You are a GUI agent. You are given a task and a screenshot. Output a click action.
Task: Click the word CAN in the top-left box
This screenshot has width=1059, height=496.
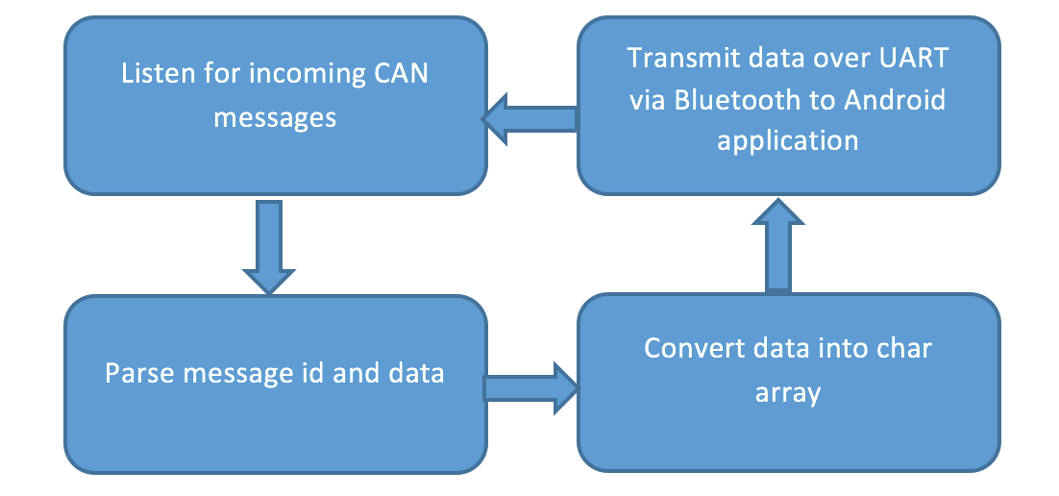(401, 73)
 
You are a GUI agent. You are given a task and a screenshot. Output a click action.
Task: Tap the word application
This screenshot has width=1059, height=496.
(787, 141)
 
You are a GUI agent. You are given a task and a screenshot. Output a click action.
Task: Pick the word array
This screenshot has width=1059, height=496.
(787, 393)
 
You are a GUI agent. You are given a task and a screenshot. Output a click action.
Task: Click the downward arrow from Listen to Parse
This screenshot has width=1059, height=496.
(269, 247)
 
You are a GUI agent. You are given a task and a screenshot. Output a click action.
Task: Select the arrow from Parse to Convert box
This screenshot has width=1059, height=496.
(531, 388)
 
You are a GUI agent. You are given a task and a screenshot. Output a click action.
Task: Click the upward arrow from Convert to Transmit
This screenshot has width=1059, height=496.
(778, 245)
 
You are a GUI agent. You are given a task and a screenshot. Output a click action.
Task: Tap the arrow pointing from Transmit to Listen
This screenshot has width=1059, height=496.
(529, 119)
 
